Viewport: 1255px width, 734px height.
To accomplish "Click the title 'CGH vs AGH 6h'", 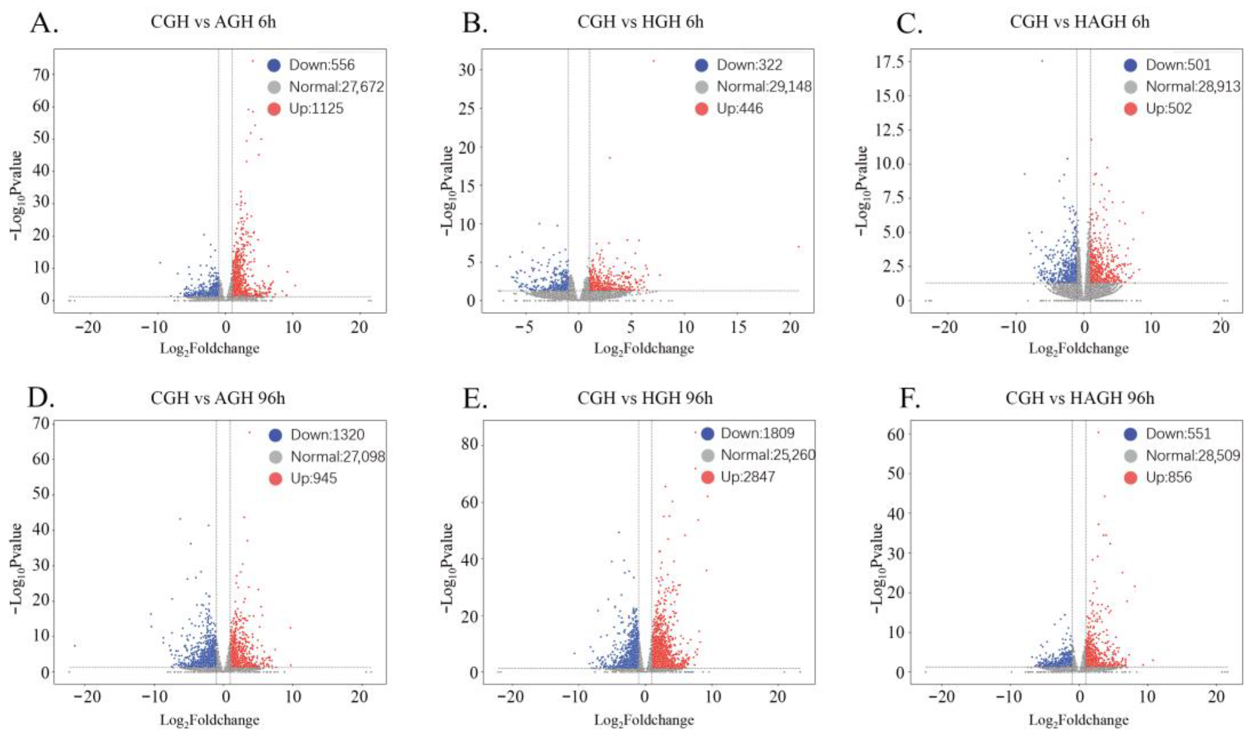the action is tap(213, 22).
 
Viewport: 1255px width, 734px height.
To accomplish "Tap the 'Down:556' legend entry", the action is tap(311, 65).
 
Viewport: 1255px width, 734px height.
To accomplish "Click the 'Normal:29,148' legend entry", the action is tap(753, 87).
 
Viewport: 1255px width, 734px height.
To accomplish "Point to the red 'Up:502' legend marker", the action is tap(1130, 108).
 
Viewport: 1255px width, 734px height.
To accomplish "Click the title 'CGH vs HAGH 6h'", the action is tap(1080, 22).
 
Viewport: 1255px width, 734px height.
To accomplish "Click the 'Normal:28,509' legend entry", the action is tap(1182, 455).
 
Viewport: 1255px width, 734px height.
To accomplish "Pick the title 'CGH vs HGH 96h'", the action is tap(645, 398).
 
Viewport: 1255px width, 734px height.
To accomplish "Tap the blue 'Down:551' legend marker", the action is tap(1130, 434).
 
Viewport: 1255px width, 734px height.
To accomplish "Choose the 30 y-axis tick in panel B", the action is tap(468, 70).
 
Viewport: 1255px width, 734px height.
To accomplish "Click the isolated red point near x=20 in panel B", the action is tap(798, 246).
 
